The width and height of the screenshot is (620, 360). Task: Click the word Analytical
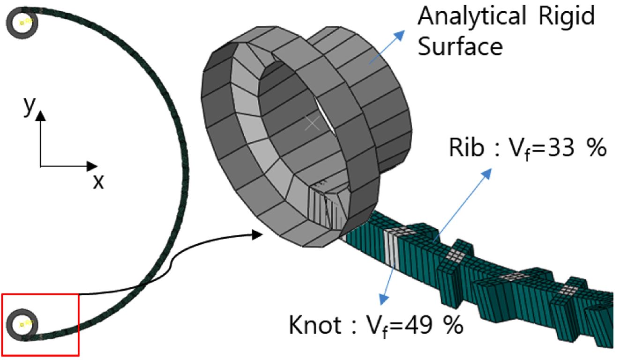pos(472,16)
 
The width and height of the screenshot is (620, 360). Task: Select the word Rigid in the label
pos(567,16)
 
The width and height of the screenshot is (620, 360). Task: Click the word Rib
pos(467,147)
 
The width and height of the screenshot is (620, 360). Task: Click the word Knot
pos(315,325)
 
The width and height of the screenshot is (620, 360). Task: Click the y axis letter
pos(30,105)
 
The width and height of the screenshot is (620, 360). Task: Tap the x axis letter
pos(98,182)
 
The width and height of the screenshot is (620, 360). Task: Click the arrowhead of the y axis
pos(40,116)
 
